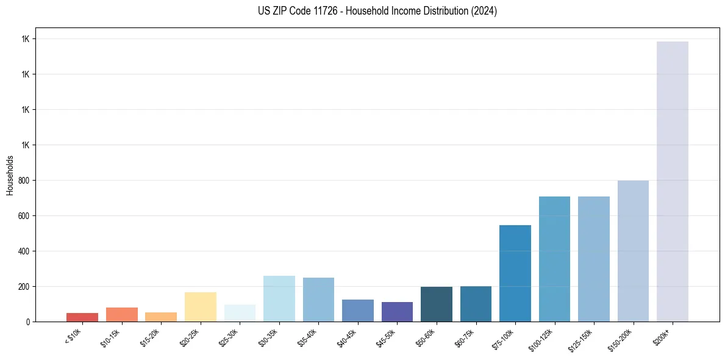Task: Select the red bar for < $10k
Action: [x=82, y=317]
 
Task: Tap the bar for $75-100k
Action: [x=515, y=273]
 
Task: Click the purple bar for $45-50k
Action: [x=397, y=312]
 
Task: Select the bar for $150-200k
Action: [x=633, y=251]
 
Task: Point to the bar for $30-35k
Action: [x=279, y=298]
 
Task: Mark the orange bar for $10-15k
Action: [x=122, y=314]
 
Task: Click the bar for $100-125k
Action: [x=554, y=259]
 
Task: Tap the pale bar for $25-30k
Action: [x=240, y=313]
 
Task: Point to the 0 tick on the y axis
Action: [x=27, y=322]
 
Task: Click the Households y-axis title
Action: [x=10, y=175]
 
